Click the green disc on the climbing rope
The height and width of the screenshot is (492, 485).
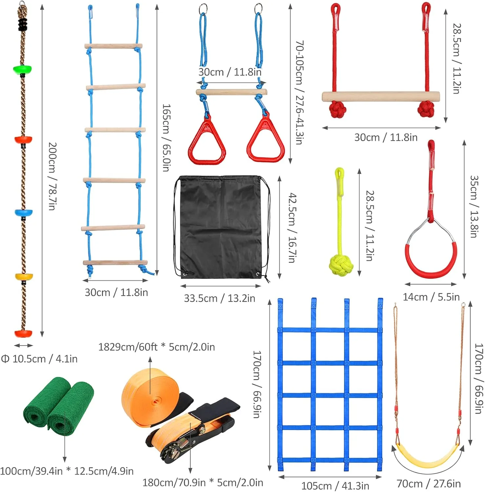pyautogui.click(x=23, y=70)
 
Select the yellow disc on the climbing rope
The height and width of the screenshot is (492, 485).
pyautogui.click(x=24, y=277)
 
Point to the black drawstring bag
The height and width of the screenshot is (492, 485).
pyautogui.click(x=221, y=227)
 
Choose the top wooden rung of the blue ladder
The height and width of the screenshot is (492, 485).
pyautogui.click(x=113, y=46)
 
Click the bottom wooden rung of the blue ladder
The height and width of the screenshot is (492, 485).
pyautogui.click(x=115, y=262)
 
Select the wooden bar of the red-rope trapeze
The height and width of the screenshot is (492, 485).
pyautogui.click(x=381, y=97)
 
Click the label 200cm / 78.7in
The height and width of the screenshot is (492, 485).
pyautogui.click(x=52, y=176)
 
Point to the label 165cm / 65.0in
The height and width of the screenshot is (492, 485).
pyautogui.click(x=167, y=138)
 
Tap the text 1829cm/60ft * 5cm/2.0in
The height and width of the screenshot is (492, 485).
pyautogui.click(x=157, y=347)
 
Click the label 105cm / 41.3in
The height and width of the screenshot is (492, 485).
pyautogui.click(x=335, y=485)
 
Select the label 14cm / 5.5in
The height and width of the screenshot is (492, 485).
pyautogui.click(x=431, y=297)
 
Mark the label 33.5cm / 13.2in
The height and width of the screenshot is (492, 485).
pyautogui.click(x=219, y=298)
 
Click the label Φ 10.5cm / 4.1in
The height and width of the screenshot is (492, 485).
pyautogui.click(x=39, y=359)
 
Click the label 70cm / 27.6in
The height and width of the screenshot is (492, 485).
pyautogui.click(x=429, y=483)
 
